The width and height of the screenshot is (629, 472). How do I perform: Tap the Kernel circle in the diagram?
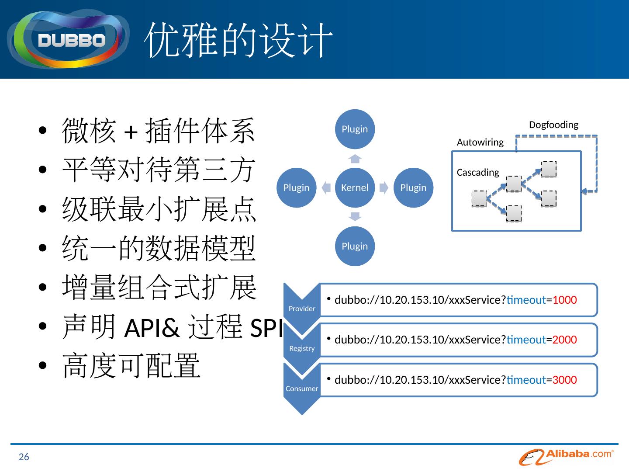[x=355, y=187]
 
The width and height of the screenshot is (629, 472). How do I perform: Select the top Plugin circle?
[x=355, y=129]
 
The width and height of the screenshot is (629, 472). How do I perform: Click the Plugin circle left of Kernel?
[x=296, y=187]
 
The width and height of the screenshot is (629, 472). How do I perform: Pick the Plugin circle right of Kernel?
[x=413, y=187]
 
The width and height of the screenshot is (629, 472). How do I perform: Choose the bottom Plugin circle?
[x=355, y=246]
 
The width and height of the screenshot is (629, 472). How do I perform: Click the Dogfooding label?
[x=553, y=125]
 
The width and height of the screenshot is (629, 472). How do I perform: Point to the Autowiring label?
[x=480, y=142]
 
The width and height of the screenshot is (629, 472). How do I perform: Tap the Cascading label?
[x=478, y=173]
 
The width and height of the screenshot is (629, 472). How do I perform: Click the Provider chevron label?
[x=302, y=309]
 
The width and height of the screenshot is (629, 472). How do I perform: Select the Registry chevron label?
[x=302, y=348]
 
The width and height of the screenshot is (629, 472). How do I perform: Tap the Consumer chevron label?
[x=302, y=389]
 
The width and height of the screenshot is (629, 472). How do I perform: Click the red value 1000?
[x=564, y=300]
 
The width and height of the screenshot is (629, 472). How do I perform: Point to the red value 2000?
[x=564, y=340]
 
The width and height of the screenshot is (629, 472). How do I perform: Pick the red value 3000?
[x=564, y=380]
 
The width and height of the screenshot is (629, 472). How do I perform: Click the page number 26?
[x=24, y=457]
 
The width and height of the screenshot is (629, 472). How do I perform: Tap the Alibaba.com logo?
[x=567, y=457]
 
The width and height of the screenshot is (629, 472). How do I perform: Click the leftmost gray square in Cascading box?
[x=479, y=198]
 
